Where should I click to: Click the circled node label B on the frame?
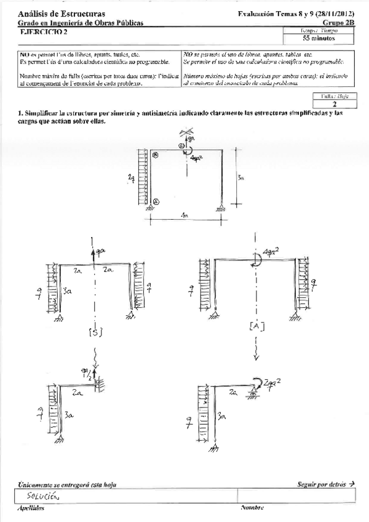tap(156, 156)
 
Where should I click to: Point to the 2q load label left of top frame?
tap(130, 179)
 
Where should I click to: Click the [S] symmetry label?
tap(95, 332)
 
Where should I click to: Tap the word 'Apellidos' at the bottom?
tap(31, 508)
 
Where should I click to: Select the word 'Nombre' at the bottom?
tap(252, 508)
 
